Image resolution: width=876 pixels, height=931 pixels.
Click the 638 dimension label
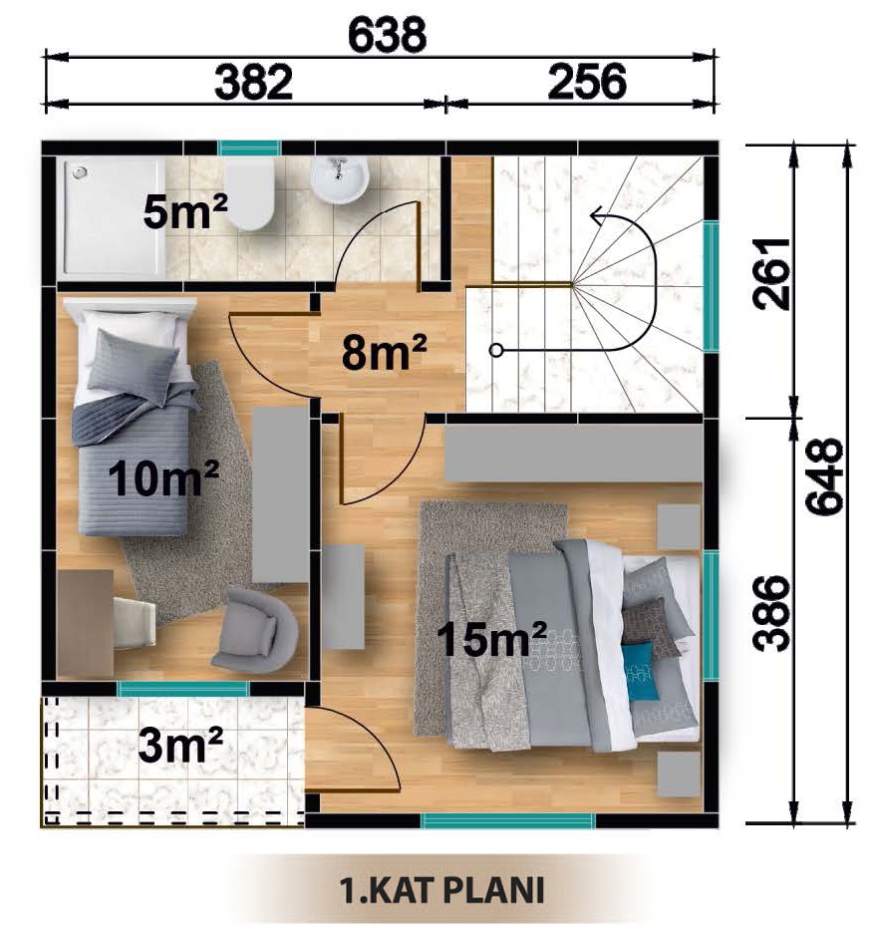(387, 35)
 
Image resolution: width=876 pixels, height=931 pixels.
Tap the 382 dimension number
(254, 82)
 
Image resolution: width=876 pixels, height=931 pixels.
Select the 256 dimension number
(587, 82)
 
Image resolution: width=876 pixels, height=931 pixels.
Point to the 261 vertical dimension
(771, 274)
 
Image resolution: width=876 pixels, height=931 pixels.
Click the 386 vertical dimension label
(771, 613)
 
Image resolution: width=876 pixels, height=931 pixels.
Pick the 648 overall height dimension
(824, 476)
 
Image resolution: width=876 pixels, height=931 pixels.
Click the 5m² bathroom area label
(185, 212)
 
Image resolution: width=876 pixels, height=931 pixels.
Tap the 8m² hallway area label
(384, 352)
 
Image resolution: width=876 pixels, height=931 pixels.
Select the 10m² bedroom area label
(163, 478)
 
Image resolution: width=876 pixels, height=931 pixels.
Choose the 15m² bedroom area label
(491, 639)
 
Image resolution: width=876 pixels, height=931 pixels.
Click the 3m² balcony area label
(180, 745)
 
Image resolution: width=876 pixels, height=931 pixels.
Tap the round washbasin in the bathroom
(340, 178)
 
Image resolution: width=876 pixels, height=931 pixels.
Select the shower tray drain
(80, 172)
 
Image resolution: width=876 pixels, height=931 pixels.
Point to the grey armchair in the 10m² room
(254, 630)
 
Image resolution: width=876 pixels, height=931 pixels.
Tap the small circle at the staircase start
(496, 350)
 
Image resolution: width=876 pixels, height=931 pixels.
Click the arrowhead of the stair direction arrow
(598, 216)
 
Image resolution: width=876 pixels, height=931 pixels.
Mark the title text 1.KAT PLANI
(441, 890)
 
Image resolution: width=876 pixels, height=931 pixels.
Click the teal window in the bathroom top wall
(249, 148)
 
